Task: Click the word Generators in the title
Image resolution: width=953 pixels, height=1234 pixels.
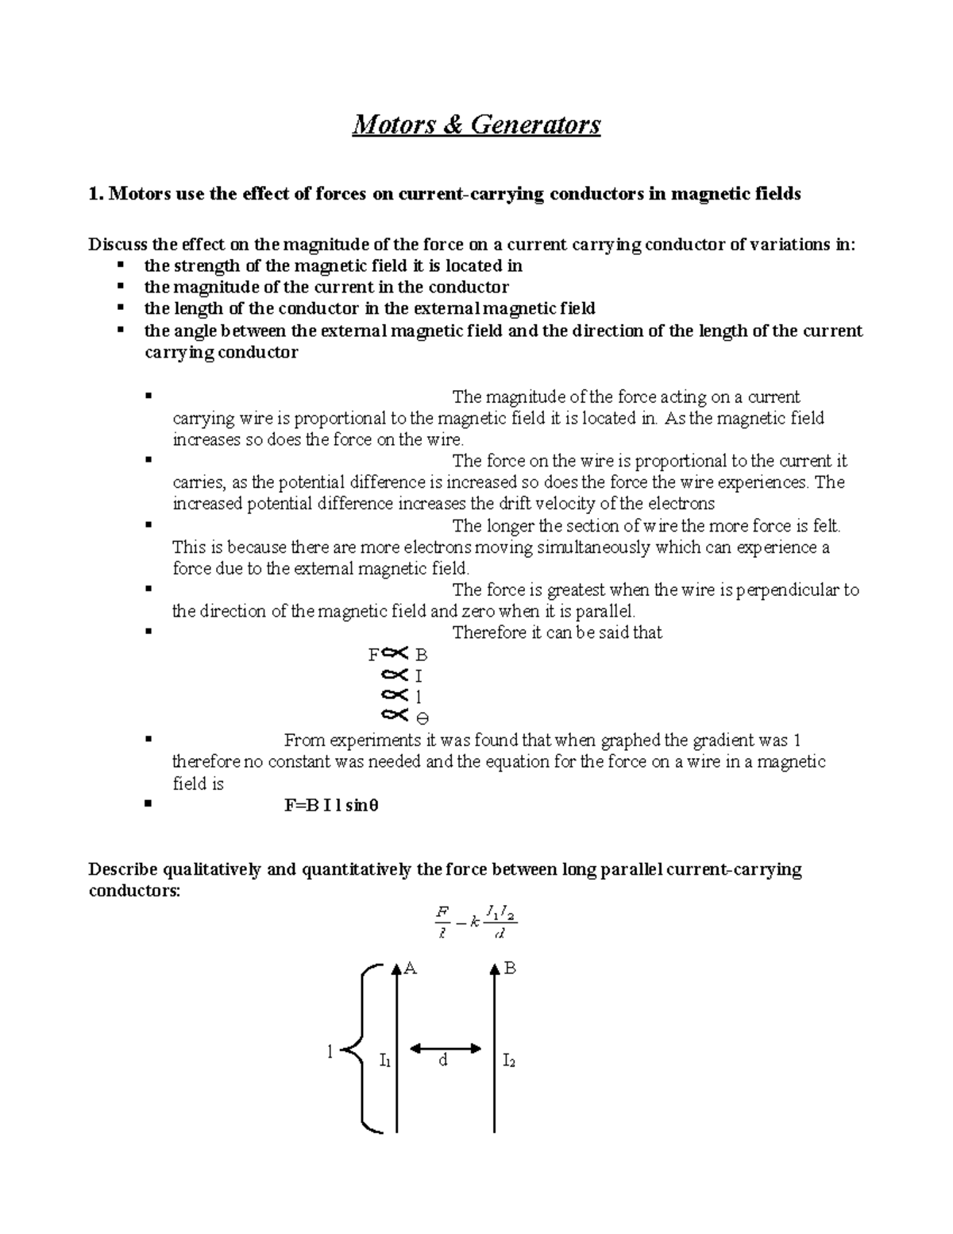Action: tap(535, 125)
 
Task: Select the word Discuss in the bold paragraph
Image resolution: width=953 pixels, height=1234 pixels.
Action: tap(118, 245)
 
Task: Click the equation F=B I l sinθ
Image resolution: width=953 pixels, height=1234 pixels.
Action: tap(331, 805)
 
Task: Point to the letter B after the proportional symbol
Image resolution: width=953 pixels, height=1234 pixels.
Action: tap(422, 656)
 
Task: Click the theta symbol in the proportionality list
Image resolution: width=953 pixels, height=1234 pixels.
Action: tap(422, 718)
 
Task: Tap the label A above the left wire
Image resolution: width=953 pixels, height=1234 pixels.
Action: tap(411, 968)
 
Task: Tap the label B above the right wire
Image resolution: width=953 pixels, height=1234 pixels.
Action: tap(511, 968)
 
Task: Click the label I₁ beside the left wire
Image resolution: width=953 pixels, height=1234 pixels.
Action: tap(384, 1060)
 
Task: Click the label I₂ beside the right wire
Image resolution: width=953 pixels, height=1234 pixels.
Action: tap(509, 1060)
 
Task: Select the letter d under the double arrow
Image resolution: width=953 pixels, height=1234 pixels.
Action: tap(443, 1061)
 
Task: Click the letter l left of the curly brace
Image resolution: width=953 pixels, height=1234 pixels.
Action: tap(330, 1052)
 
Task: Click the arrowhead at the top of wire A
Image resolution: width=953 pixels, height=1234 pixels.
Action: tap(396, 969)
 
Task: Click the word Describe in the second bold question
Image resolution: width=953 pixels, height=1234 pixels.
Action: tap(123, 869)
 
